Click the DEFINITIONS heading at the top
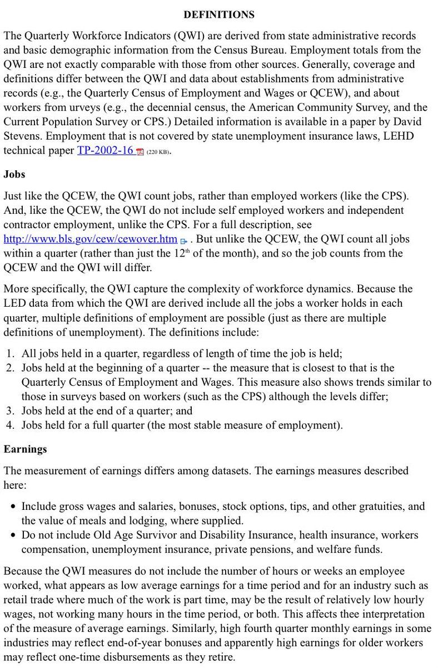click(219, 14)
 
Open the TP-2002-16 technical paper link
click(105, 151)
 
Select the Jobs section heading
click(14, 174)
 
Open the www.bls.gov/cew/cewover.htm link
click(90, 239)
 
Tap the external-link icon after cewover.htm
click(183, 240)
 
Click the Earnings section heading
click(26, 449)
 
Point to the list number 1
click(11, 353)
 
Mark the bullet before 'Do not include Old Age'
click(13, 536)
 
